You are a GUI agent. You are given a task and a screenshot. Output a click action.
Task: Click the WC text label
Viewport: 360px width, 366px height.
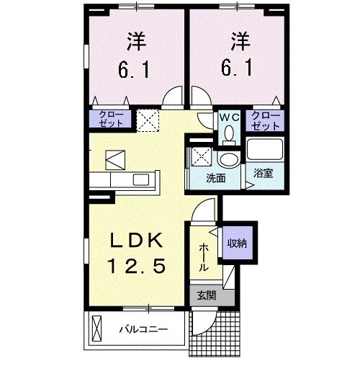pyautogui.click(x=229, y=115)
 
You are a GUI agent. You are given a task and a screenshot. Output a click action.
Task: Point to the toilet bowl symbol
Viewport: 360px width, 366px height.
pyautogui.click(x=229, y=133)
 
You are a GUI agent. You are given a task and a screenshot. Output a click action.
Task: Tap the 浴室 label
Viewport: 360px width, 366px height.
pyautogui.click(x=264, y=173)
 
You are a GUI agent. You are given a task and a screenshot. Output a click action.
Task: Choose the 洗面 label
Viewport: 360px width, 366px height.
pyautogui.click(x=216, y=178)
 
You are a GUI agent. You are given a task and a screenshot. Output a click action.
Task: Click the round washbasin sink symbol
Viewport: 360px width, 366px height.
pyautogui.click(x=230, y=159)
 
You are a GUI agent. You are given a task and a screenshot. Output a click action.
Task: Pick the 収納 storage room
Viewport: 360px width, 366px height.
pyautogui.click(x=237, y=243)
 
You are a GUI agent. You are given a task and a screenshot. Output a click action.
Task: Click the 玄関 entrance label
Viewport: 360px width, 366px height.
pyautogui.click(x=204, y=295)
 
